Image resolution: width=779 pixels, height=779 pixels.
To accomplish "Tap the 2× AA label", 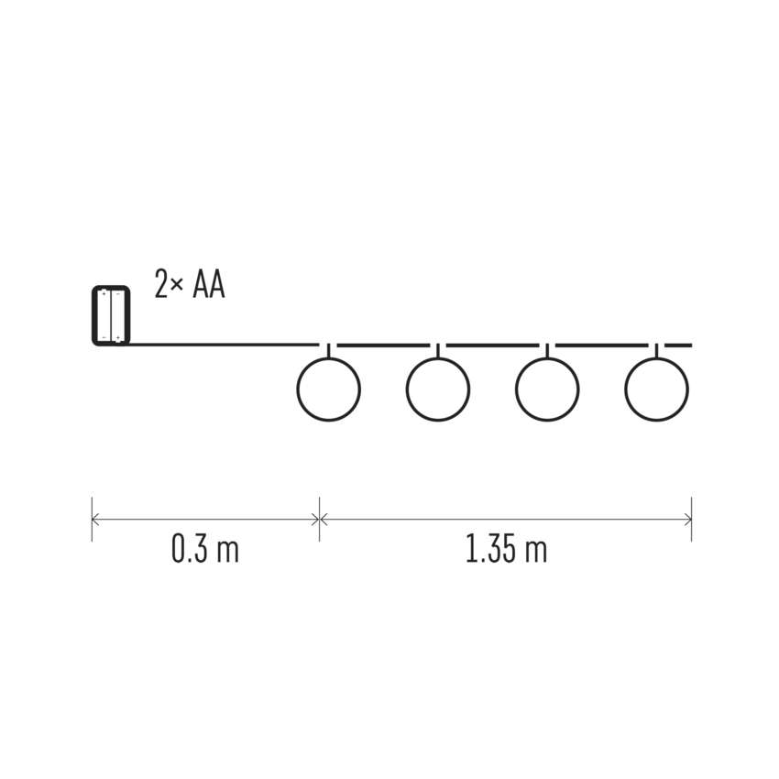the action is click(x=190, y=284).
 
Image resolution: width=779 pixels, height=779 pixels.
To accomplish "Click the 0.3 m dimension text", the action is click(x=204, y=548).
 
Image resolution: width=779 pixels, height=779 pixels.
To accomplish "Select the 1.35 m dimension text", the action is click(x=506, y=548).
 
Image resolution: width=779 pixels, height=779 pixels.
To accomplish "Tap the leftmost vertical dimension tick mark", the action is click(x=92, y=519).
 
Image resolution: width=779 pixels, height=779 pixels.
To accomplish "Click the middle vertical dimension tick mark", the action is click(x=319, y=519).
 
